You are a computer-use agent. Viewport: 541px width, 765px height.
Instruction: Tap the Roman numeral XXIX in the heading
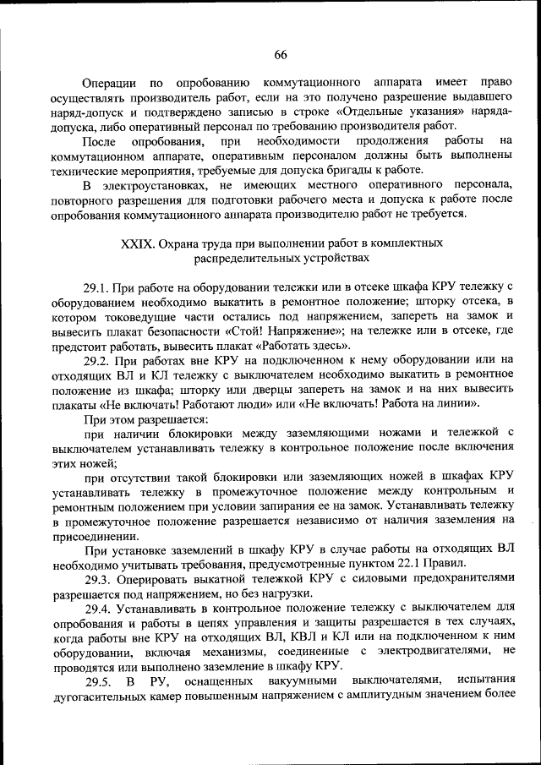(x=139, y=243)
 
